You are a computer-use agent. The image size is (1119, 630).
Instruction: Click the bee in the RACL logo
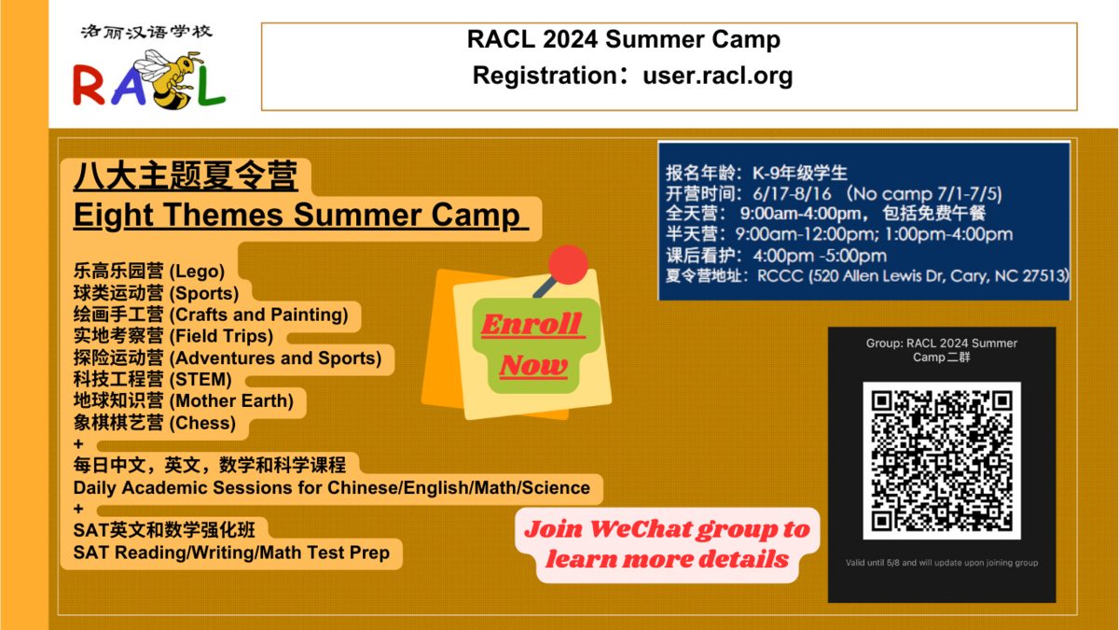(167, 80)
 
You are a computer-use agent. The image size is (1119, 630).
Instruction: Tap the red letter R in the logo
(89, 85)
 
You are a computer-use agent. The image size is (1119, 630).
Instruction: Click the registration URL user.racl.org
(717, 76)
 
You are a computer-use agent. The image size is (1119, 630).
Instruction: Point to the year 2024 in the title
(570, 39)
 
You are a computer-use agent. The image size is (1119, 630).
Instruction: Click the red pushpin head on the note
(568, 264)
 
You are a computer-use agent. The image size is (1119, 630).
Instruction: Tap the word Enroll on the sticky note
(532, 325)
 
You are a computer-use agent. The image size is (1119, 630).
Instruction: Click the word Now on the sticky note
(533, 365)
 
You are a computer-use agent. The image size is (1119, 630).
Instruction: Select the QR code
(942, 460)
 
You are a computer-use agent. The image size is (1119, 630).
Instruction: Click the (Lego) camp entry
(149, 271)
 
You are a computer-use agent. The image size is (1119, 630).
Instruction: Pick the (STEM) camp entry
(152, 380)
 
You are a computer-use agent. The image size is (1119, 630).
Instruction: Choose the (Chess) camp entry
(155, 423)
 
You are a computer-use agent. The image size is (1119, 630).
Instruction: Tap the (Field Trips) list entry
(173, 336)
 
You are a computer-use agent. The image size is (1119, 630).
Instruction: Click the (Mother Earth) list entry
(184, 401)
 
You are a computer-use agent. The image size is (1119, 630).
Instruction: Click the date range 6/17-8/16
(792, 194)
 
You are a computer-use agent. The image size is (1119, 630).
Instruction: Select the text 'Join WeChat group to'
(667, 529)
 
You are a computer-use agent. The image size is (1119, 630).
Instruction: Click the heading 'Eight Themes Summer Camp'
(297, 215)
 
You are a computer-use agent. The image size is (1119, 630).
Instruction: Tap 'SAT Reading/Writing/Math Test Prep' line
(231, 553)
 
